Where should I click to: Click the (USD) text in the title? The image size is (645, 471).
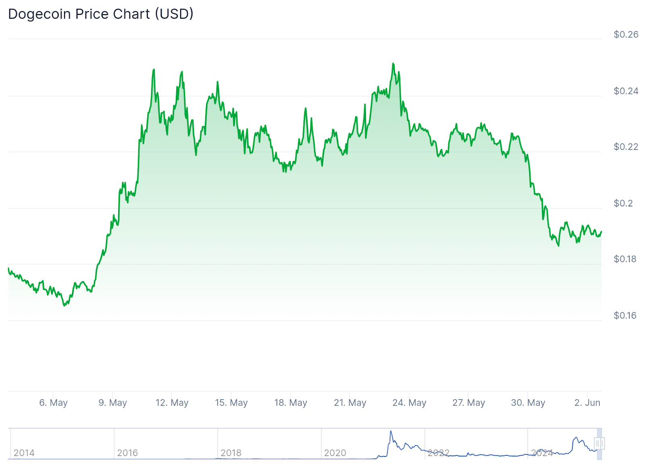(174, 14)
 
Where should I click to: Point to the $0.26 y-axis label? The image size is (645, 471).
(626, 35)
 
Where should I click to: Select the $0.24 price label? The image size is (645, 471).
(626, 91)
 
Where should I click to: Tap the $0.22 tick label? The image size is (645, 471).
(626, 147)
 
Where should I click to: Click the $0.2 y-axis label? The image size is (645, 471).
(623, 203)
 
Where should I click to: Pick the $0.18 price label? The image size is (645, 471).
(625, 259)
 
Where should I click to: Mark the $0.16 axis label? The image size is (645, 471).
(625, 316)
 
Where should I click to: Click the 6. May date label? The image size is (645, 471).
(53, 403)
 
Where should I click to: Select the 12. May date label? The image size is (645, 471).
(172, 403)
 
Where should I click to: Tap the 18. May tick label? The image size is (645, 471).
(291, 403)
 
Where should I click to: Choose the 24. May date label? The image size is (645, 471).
(409, 403)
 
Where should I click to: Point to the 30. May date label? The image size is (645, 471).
(528, 403)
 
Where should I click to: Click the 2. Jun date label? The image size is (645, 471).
(587, 403)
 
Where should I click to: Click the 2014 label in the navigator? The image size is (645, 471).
(24, 453)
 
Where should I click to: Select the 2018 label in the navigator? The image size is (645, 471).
(231, 453)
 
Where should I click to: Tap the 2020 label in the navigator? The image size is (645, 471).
(335, 453)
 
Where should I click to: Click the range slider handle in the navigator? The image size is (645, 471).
(599, 444)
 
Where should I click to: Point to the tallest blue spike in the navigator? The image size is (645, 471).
(391, 431)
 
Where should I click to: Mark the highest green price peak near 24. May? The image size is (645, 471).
(393, 64)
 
